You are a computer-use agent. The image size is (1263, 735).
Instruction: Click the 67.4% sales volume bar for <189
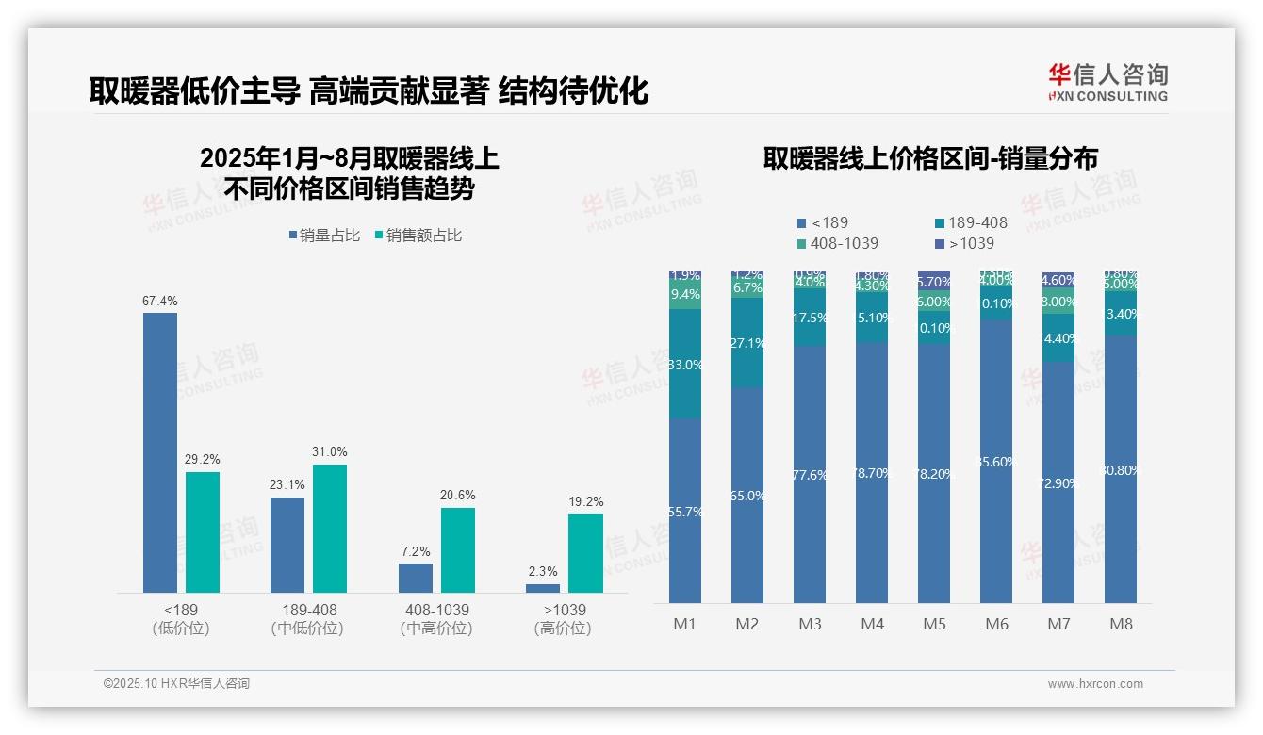(160, 452)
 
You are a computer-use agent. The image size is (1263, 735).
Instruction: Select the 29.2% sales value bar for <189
(203, 532)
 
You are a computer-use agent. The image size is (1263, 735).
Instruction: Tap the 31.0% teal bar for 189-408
(330, 529)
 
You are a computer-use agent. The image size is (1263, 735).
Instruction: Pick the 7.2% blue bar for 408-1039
(416, 578)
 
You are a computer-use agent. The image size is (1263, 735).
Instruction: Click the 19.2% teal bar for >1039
(585, 553)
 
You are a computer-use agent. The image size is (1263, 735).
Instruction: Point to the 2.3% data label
(543, 571)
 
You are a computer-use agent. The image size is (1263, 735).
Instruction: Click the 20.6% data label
(458, 495)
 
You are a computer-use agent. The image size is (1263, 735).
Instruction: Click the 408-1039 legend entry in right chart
(838, 243)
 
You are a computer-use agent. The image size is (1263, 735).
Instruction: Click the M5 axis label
(934, 624)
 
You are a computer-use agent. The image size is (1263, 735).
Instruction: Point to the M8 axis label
(1121, 624)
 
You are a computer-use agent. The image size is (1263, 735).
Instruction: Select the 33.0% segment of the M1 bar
(684, 364)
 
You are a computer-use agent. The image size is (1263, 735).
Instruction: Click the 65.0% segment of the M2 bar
(746, 495)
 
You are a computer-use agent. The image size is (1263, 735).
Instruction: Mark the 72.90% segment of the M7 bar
(1058, 482)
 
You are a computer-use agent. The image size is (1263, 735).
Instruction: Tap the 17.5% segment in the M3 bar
(809, 318)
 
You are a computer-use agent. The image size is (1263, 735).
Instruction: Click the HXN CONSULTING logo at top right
(1107, 83)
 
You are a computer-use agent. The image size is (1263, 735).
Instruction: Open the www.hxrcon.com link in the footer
(1095, 684)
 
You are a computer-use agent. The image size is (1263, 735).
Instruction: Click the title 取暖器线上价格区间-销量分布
(929, 158)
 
